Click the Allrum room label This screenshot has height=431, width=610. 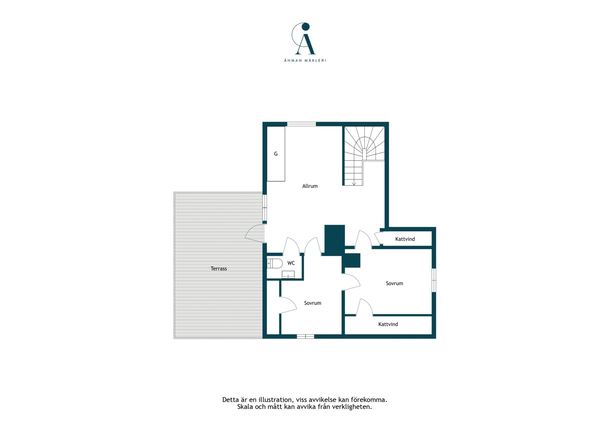310,186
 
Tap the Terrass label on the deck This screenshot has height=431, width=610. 219,269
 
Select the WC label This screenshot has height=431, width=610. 291,263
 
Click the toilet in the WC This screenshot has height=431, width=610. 275,263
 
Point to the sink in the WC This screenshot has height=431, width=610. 288,274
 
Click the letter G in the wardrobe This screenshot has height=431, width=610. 276,154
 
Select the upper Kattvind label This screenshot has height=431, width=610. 405,239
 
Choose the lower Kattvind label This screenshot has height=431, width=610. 388,324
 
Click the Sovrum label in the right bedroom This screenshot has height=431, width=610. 394,283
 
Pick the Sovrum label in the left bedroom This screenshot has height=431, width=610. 313,303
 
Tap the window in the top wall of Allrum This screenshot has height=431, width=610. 302,124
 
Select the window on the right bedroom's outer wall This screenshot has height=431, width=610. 434,280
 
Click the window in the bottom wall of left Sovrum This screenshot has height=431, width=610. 305,336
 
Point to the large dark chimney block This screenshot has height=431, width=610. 335,240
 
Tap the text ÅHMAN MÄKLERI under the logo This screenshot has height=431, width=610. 305,60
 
